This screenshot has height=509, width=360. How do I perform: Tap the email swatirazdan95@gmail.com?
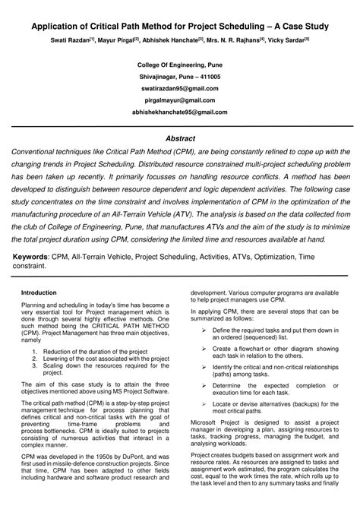(180, 88)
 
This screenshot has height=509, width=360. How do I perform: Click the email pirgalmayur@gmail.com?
(180, 100)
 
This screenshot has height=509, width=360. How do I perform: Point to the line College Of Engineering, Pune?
(180, 66)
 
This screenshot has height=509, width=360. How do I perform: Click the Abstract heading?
(180, 138)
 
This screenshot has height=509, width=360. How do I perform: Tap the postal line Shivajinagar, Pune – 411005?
(180, 77)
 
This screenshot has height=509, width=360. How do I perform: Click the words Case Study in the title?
(302, 25)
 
